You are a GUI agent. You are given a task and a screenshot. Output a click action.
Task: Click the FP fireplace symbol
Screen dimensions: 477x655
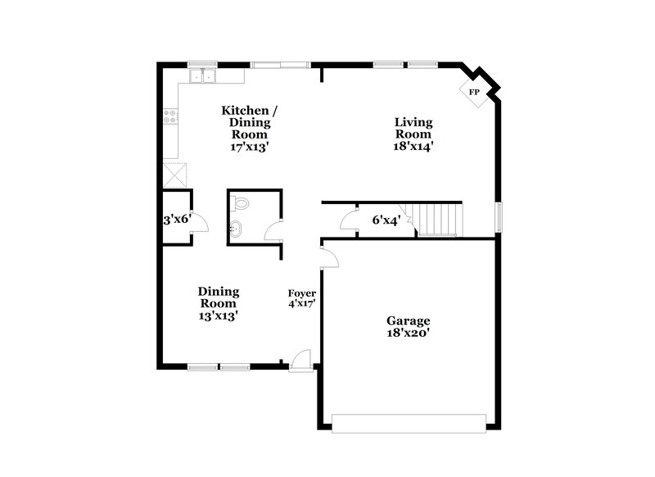coord(474,92)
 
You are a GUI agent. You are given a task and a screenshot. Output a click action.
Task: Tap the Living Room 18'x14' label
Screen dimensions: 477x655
coord(413,134)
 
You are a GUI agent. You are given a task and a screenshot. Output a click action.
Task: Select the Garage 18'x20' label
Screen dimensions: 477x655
coord(408,327)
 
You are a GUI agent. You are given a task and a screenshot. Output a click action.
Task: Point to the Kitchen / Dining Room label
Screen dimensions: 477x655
coord(250,128)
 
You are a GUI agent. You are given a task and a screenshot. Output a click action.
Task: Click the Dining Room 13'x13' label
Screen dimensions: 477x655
coord(219,303)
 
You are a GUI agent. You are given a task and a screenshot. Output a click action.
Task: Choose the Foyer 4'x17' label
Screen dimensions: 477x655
coord(302,298)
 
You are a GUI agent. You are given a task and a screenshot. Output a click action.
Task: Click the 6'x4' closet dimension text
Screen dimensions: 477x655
coord(386,220)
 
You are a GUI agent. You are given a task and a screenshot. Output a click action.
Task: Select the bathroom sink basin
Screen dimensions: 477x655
coord(237,229)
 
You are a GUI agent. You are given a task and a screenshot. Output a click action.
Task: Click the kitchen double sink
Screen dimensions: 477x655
coord(201,77)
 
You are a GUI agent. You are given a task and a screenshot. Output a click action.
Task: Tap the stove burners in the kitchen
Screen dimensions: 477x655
coord(171,116)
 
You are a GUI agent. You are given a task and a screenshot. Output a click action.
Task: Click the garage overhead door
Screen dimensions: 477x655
coord(408,423)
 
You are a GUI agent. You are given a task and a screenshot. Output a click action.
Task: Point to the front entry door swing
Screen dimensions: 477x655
coord(301,360)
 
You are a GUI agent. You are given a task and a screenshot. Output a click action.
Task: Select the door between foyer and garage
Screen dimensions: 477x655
coord(329,258)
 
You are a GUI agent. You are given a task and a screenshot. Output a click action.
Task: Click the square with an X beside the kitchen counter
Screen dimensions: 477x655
coord(174,175)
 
